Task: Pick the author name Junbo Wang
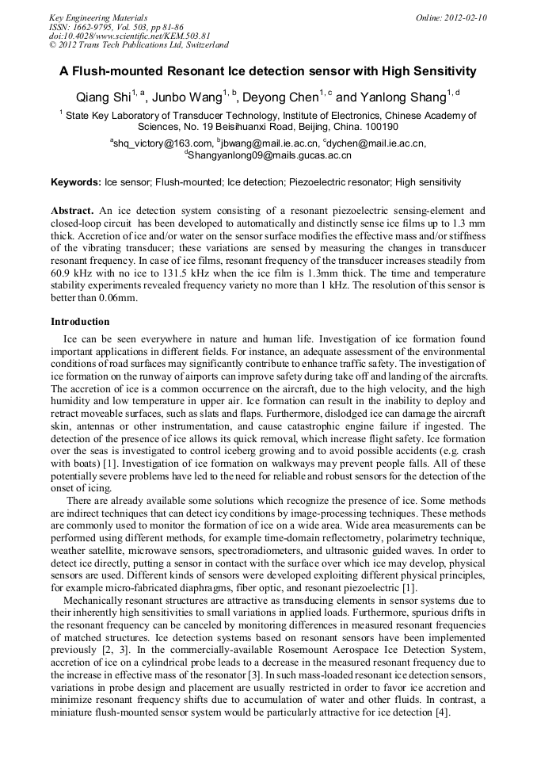coord(186,98)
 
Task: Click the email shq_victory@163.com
coord(162,143)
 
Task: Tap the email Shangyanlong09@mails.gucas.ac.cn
coord(270,156)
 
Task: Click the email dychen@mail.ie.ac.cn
coord(375,143)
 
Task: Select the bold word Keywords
coord(75,182)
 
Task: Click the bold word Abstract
coord(73,211)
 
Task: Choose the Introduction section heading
coord(80,322)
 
